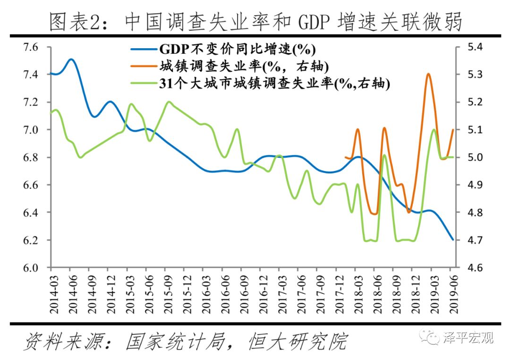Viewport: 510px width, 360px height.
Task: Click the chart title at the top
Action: tap(255, 21)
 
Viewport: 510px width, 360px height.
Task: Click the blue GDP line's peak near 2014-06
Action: tap(71, 60)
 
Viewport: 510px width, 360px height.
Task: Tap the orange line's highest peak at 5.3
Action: tap(428, 74)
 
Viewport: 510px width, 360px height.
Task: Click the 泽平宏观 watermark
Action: tap(467, 338)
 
